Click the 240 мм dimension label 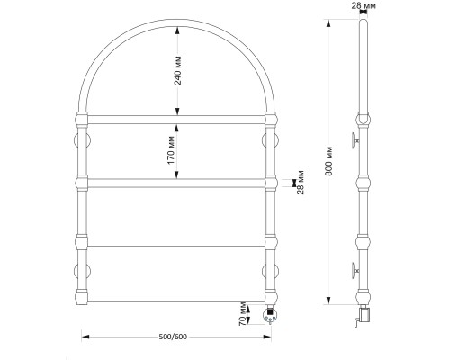(x=178, y=70)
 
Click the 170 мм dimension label (x=171, y=150)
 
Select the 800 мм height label (x=329, y=161)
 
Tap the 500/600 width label (x=173, y=337)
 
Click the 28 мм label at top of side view (x=364, y=5)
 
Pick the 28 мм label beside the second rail (x=301, y=183)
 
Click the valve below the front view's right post (x=270, y=314)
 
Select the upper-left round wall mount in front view (x=83, y=140)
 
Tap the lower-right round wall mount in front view (x=270, y=271)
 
